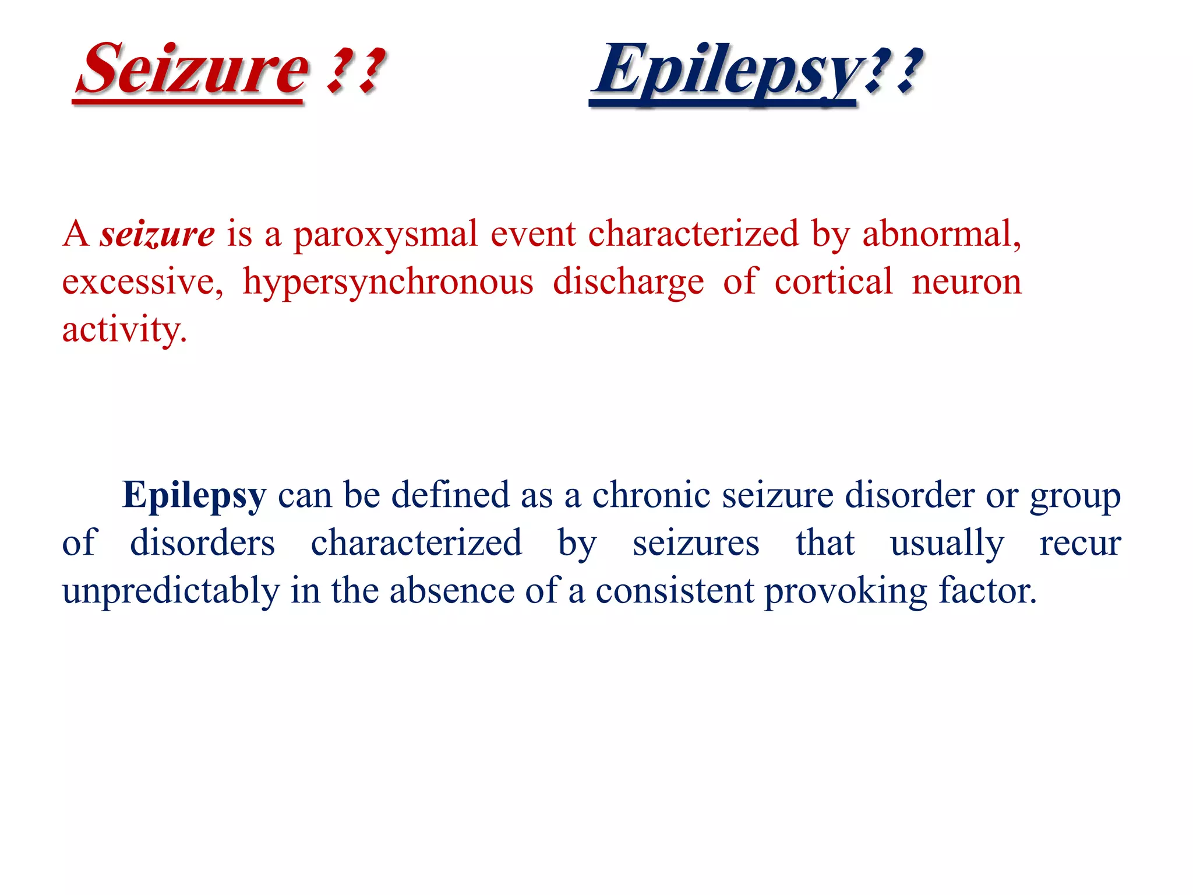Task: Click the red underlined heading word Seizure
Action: [x=192, y=70]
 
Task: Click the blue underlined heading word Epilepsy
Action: [x=725, y=71]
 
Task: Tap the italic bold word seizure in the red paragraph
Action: [x=157, y=234]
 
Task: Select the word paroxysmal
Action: [x=385, y=235]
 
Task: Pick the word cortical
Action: [x=833, y=282]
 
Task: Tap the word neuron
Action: [x=966, y=282]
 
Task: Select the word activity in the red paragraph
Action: [x=123, y=330]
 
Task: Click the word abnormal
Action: [x=941, y=234]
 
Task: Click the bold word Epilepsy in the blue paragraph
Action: [x=194, y=496]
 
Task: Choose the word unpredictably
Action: [x=171, y=591]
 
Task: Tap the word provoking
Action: [x=845, y=592]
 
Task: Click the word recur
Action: [x=1080, y=544]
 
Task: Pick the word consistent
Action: [x=675, y=591]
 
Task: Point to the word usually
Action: [x=947, y=544]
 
